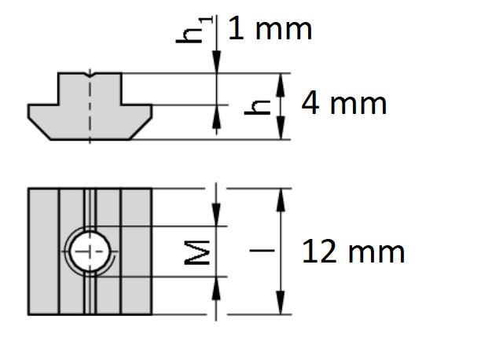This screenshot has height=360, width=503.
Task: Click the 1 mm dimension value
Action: (x=270, y=29)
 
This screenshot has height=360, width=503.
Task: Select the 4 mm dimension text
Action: (x=344, y=103)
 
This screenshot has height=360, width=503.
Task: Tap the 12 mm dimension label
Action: (x=353, y=252)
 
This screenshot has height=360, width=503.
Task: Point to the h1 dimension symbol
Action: (x=194, y=30)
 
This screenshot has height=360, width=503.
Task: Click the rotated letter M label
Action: (x=197, y=253)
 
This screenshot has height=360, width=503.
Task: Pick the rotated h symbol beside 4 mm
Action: (x=257, y=107)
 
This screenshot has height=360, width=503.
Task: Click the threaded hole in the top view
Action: (x=90, y=252)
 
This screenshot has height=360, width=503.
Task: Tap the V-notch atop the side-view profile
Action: (x=90, y=75)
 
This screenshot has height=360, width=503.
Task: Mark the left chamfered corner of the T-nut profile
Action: (x=39, y=128)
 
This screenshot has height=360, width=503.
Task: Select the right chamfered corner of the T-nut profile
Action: (x=141, y=128)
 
